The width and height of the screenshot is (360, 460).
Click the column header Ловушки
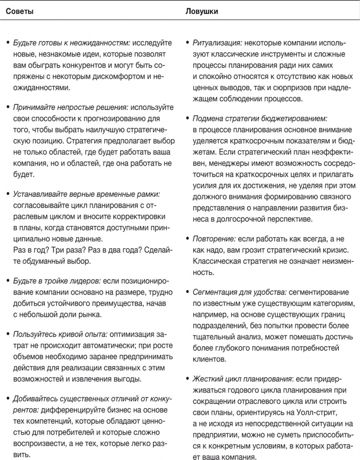tap(201, 11)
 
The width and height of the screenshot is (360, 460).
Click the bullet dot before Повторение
tap(188, 240)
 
